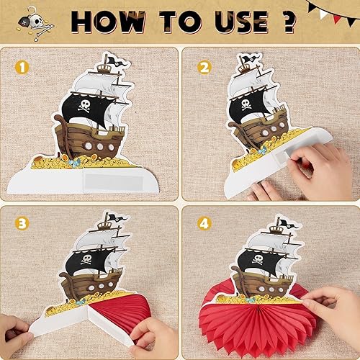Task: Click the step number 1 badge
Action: pyautogui.click(x=22, y=68)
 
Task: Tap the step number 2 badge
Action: pyautogui.click(x=204, y=68)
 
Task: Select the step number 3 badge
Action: pyautogui.click(x=22, y=224)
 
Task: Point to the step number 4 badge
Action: pyautogui.click(x=204, y=224)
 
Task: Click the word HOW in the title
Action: pyautogui.click(x=109, y=22)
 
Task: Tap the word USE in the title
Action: pyautogui.click(x=241, y=22)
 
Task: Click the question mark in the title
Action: pyautogui.click(x=288, y=22)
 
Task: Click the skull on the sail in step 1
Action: pyautogui.click(x=84, y=106)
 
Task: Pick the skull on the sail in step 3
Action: pyautogui.click(x=86, y=259)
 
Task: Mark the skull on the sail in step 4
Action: pyautogui.click(x=258, y=258)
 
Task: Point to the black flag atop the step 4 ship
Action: pyautogui.click(x=287, y=223)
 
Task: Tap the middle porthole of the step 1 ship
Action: pyautogui.click(x=100, y=147)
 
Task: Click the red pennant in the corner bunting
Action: pyautogui.click(x=338, y=17)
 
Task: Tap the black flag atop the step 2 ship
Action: pyautogui.click(x=250, y=59)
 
